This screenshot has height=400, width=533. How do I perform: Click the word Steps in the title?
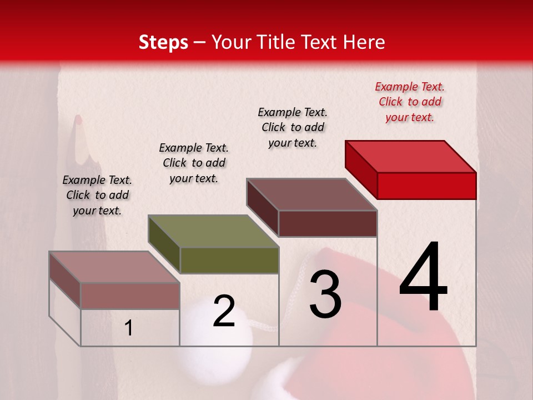pyautogui.click(x=163, y=42)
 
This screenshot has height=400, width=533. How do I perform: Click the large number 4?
pyautogui.click(x=423, y=277)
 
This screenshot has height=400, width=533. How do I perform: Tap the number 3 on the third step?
pyautogui.click(x=325, y=294)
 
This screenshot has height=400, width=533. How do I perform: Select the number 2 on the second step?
pyautogui.click(x=224, y=311)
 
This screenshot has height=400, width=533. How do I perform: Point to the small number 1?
pyautogui.click(x=129, y=328)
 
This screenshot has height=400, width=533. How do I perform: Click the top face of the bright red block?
pyautogui.click(x=411, y=156)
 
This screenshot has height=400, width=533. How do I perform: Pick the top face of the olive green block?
pyautogui.click(x=213, y=231)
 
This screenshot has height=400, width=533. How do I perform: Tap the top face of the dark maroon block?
pyautogui.click(x=312, y=194)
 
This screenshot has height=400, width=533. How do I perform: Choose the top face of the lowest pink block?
pyautogui.click(x=114, y=267)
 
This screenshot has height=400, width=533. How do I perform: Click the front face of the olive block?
pyautogui.click(x=229, y=260)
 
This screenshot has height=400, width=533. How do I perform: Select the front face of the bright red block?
pyautogui.click(x=426, y=186)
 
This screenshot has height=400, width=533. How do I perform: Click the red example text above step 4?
pyautogui.click(x=410, y=102)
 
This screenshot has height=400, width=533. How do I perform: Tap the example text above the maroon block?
pyautogui.click(x=293, y=127)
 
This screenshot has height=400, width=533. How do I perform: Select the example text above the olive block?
pyautogui.click(x=194, y=163)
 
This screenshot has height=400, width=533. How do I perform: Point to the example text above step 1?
pyautogui.click(x=97, y=195)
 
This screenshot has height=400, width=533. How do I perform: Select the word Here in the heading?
pyautogui.click(x=364, y=42)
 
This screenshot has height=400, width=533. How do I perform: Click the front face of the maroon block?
pyautogui.click(x=328, y=223)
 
